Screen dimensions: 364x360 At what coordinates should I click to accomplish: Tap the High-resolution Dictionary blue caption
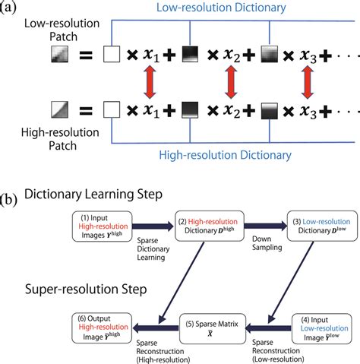[236, 154]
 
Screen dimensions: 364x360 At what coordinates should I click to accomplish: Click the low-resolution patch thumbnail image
[60, 55]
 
